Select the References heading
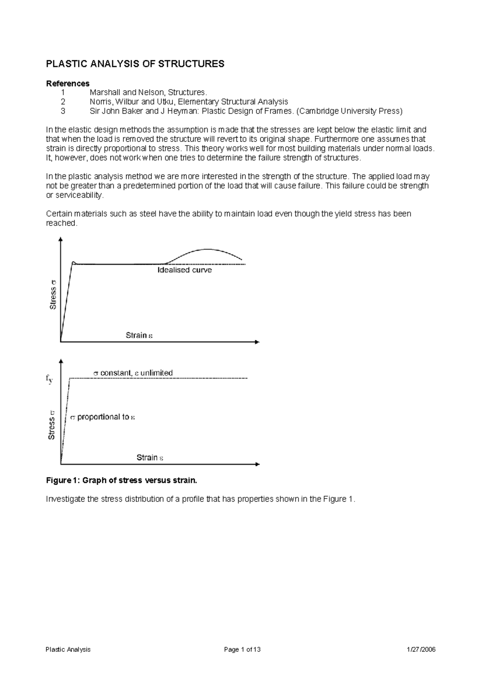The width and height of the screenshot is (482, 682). pyautogui.click(x=67, y=84)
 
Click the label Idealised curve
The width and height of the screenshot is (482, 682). pyautogui.click(x=184, y=270)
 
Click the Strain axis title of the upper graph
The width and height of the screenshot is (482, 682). pyautogui.click(x=139, y=335)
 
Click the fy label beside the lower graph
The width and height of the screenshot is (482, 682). pyautogui.click(x=49, y=378)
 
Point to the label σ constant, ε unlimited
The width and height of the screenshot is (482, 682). pyautogui.click(x=133, y=373)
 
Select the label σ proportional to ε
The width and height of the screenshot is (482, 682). pyautogui.click(x=102, y=417)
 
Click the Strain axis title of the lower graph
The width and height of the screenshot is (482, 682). pyautogui.click(x=150, y=457)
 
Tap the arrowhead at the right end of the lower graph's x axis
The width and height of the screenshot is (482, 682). pyautogui.click(x=257, y=464)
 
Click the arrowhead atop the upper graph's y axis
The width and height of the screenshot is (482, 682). pyautogui.click(x=61, y=239)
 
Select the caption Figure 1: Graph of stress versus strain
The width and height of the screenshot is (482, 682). pyautogui.click(x=122, y=480)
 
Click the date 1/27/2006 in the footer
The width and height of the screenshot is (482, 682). pyautogui.click(x=421, y=649)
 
